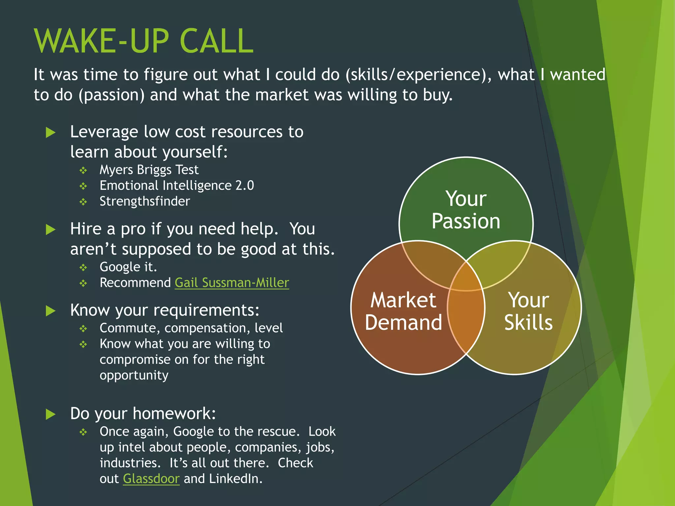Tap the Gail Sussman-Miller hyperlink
point(232,283)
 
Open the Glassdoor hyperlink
point(151,479)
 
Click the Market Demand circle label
point(403,311)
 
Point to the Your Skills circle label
point(528,311)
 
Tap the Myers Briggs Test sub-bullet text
point(149,170)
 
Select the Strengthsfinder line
point(145,201)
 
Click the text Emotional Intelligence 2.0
point(177,185)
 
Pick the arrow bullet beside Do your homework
point(50,414)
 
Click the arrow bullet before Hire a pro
point(50,229)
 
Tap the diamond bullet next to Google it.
point(83,267)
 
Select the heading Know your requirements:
point(164,310)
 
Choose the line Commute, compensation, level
point(191,328)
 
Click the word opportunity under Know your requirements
point(134,375)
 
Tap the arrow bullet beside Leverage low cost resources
point(50,132)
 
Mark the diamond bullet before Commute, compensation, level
point(83,329)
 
